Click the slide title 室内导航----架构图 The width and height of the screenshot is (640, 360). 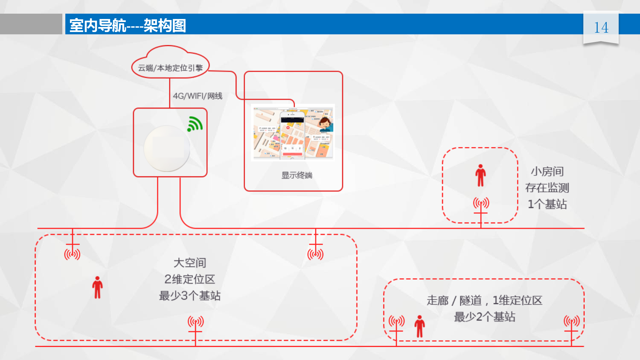tap(128, 26)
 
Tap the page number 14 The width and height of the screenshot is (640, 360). tap(601, 28)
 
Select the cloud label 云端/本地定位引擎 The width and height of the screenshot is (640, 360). tap(170, 68)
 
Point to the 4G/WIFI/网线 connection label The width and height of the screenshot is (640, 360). tap(197, 96)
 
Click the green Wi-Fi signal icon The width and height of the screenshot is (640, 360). tap(195, 124)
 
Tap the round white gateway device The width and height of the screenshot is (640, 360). tap(167, 148)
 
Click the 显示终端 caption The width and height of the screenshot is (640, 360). tap(297, 175)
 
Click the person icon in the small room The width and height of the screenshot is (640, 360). tap(480, 175)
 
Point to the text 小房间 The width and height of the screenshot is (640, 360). tap(547, 172)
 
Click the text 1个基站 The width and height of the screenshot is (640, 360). tap(547, 204)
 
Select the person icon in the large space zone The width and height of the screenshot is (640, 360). tap(97, 287)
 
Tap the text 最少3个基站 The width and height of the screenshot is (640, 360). tap(190, 296)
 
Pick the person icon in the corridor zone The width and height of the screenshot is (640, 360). tap(420, 326)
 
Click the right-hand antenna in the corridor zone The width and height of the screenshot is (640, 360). tap(571, 322)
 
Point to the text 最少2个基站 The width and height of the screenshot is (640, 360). tap(485, 317)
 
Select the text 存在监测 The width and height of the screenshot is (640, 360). tap(547, 188)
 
